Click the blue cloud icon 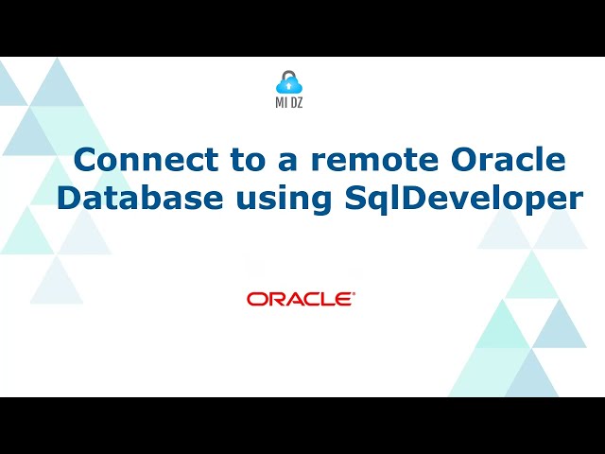point(289,86)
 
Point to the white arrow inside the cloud point(289,87)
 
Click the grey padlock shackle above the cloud point(289,75)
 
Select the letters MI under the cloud point(281,107)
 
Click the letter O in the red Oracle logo point(256,299)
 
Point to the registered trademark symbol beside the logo point(354,294)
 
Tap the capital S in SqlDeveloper point(348,199)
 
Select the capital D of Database point(69,199)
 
